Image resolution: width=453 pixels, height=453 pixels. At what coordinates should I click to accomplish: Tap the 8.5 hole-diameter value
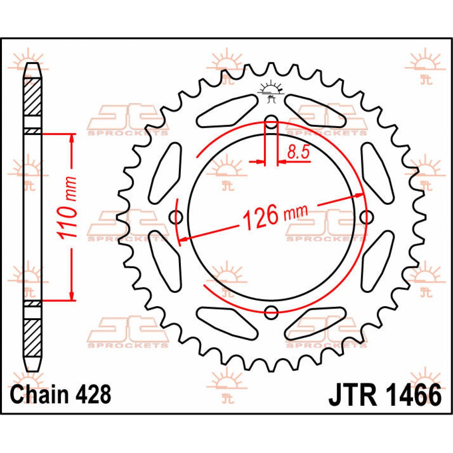298,152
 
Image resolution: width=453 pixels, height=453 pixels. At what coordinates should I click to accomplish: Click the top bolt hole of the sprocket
271,122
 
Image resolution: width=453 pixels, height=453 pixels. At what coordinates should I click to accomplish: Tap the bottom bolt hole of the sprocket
271,313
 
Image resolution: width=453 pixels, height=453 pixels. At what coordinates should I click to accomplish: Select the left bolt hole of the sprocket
176,217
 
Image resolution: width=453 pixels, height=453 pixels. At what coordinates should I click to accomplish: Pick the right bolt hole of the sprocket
367,217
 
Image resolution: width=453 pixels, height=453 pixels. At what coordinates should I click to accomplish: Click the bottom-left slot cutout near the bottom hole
227,323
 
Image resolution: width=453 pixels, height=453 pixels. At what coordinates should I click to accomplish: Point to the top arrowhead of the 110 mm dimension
72,138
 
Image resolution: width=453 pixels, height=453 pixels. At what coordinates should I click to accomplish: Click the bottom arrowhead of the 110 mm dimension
72,296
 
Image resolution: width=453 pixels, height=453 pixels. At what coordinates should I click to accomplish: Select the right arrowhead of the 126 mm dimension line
359,195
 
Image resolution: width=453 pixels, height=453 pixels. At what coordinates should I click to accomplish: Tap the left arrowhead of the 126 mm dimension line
184,239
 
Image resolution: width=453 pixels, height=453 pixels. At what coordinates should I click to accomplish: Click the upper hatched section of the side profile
33,97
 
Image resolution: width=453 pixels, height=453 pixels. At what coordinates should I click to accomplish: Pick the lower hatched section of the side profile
33,338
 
